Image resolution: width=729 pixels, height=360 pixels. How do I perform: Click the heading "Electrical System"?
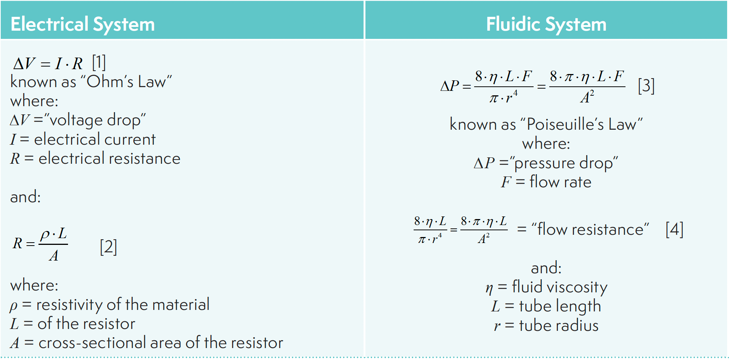(x=83, y=24)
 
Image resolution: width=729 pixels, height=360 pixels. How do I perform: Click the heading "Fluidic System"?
(x=546, y=24)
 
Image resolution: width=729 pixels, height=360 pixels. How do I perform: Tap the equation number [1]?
(x=99, y=62)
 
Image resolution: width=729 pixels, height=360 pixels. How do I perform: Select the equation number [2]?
(x=108, y=247)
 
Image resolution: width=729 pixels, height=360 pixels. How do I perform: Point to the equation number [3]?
(x=646, y=86)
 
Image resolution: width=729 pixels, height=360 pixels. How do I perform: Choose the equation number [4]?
(x=674, y=229)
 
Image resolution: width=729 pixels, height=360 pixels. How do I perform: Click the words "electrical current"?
(x=95, y=139)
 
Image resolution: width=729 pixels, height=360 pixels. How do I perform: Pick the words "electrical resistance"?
(x=109, y=159)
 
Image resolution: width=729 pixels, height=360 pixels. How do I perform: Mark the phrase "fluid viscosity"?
(x=559, y=287)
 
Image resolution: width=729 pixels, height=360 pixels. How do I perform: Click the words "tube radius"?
(x=559, y=326)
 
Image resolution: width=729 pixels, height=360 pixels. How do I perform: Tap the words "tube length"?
(x=560, y=306)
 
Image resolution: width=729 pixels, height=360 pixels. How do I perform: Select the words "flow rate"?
(x=560, y=182)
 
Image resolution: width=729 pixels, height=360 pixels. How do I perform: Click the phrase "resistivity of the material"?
(x=123, y=304)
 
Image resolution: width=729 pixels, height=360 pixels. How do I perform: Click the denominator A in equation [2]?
(x=54, y=256)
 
